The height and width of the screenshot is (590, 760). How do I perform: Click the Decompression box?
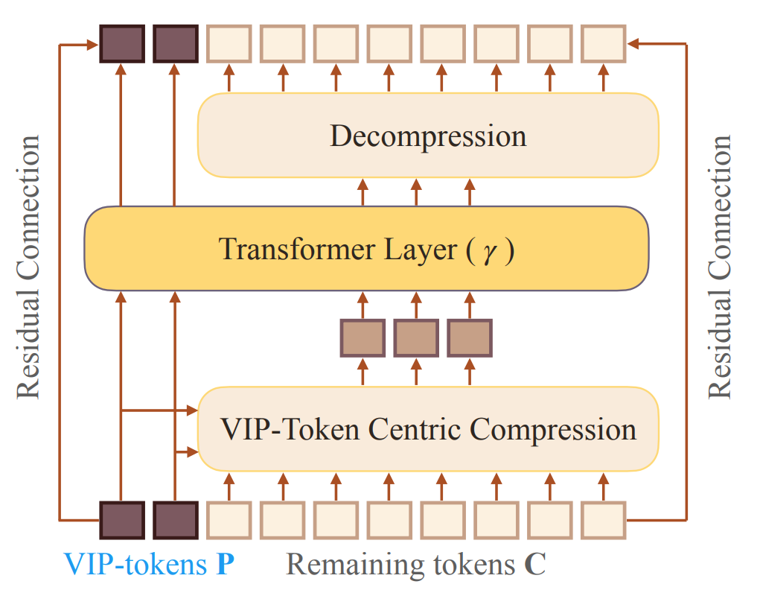click(x=428, y=136)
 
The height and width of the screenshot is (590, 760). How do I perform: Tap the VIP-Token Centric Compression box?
click(x=428, y=429)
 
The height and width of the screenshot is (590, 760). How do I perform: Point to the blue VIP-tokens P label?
click(x=149, y=564)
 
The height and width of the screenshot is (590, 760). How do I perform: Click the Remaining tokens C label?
click(x=415, y=564)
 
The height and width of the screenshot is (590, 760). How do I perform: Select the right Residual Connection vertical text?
click(x=719, y=267)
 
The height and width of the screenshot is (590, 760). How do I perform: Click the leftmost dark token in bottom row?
click(x=121, y=520)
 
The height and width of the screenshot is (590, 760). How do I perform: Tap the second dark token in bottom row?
click(x=175, y=520)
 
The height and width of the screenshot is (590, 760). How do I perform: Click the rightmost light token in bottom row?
click(x=604, y=520)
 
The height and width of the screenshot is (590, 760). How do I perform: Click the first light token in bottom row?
click(x=229, y=520)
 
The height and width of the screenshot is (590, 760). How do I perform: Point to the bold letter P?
click(x=225, y=564)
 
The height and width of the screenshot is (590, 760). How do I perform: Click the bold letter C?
click(x=534, y=564)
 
